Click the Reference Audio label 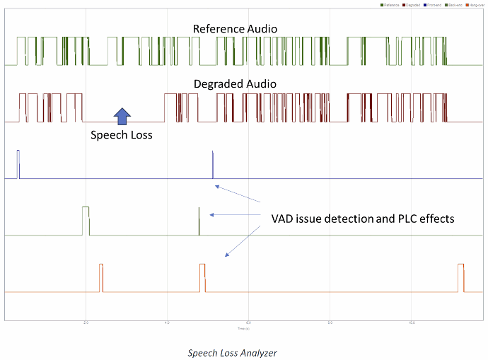click(x=236, y=29)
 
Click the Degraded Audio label click(x=235, y=84)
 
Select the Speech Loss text click(x=122, y=134)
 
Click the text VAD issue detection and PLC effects click(x=362, y=219)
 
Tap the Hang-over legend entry click(x=477, y=5)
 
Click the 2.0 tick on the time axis click(x=86, y=323)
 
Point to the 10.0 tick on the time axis click(x=412, y=323)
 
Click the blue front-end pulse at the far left click(x=19, y=164)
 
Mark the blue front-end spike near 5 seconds click(x=213, y=167)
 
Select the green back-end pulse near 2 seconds click(x=86, y=219)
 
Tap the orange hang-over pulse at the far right click(x=461, y=277)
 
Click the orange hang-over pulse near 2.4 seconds click(x=101, y=277)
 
